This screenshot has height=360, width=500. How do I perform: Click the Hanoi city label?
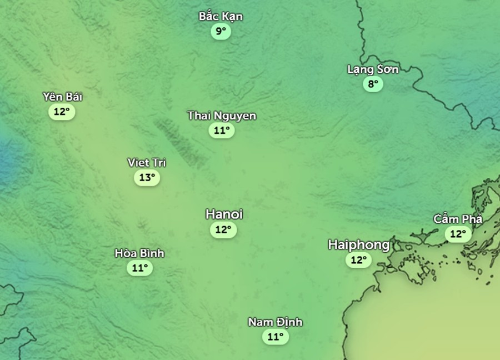click(224, 214)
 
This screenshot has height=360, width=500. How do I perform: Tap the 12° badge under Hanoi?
click(223, 229)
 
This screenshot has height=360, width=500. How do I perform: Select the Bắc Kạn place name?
click(221, 17)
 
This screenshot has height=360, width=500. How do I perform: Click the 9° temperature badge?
click(221, 31)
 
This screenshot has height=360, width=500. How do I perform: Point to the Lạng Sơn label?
click(373, 69)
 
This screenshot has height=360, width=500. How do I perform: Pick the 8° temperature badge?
click(373, 84)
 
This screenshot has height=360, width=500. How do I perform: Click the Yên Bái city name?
click(62, 97)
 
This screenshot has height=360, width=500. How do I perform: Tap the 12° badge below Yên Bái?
click(62, 111)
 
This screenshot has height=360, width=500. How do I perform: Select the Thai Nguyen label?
click(222, 116)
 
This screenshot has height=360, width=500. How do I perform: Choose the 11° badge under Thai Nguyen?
click(221, 131)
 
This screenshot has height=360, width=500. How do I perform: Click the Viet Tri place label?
click(147, 163)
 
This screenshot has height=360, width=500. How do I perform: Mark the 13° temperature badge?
click(147, 178)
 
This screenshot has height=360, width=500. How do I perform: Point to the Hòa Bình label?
click(139, 253)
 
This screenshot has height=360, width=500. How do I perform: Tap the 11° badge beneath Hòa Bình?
click(139, 268)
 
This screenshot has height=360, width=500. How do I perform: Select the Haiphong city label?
click(358, 244)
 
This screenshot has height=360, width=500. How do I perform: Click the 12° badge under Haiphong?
click(358, 259)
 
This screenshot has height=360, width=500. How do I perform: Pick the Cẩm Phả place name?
click(458, 219)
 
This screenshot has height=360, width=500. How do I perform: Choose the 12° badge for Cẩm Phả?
click(458, 234)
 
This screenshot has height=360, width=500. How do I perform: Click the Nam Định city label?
click(275, 322)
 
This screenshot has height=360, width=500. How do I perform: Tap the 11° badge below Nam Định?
click(275, 337)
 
